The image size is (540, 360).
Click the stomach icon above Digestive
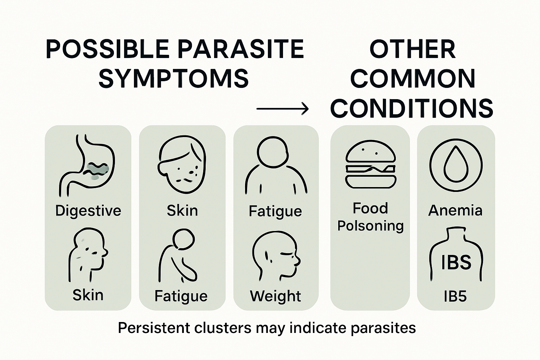(87, 165)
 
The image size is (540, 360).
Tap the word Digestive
(88, 211)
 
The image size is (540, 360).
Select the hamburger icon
(371, 164)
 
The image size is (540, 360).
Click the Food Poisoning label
(371, 217)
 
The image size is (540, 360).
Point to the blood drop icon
(456, 165)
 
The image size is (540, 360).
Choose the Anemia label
(455, 210)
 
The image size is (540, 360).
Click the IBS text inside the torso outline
(456, 262)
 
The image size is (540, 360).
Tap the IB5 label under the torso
(455, 296)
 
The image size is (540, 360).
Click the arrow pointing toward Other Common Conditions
(282, 109)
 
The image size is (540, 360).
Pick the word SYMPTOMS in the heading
(174, 78)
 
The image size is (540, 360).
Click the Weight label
(276, 296)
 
